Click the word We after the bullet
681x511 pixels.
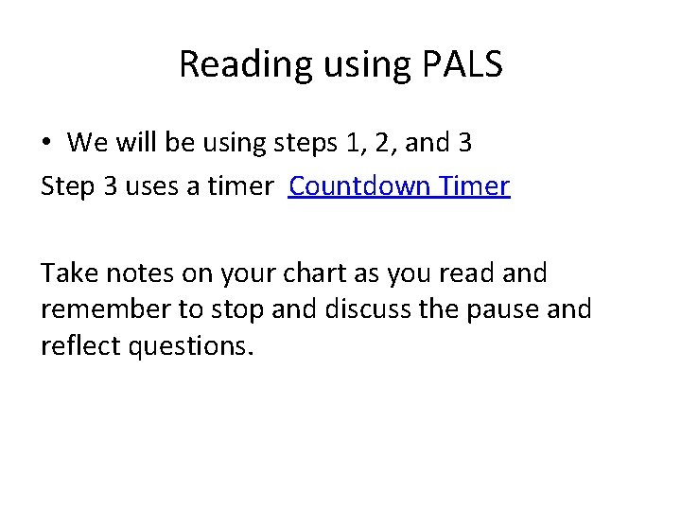(89, 143)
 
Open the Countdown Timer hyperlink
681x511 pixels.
(399, 186)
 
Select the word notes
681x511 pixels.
(141, 274)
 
